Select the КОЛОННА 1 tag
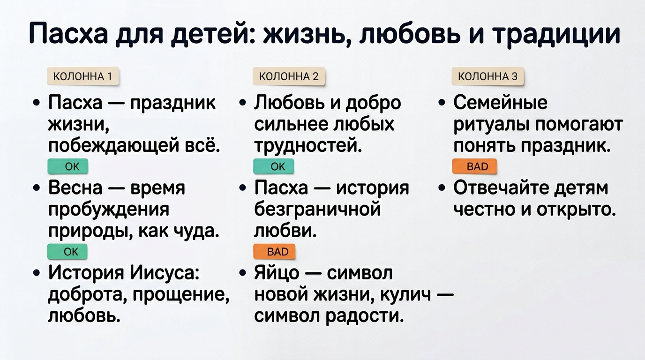pos(83,76)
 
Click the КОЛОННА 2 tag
pos(288,76)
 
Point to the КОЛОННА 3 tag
pos(487,76)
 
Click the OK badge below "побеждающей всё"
pos(67,166)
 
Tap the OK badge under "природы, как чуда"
pos(67,252)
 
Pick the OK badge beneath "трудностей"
pos(274,166)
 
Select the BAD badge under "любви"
pos(275,252)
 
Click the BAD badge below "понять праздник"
pos(474,166)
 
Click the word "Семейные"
pos(500,103)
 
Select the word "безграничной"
pos(317,210)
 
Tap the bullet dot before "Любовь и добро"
pos(242,103)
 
